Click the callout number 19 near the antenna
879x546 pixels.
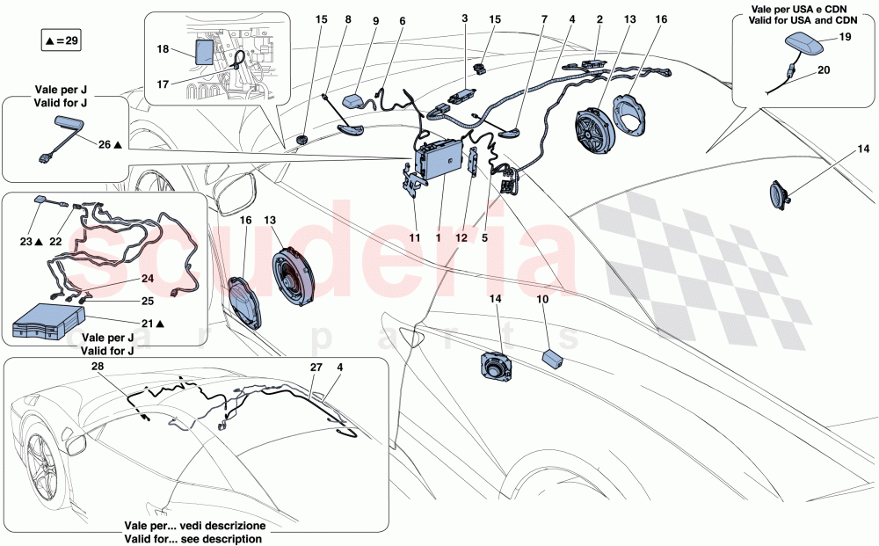coord(846,37)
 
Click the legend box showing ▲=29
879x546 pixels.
coord(61,40)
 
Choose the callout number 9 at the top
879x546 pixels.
coord(376,19)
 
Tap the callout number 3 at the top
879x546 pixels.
coord(466,19)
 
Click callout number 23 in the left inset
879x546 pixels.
coord(26,240)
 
